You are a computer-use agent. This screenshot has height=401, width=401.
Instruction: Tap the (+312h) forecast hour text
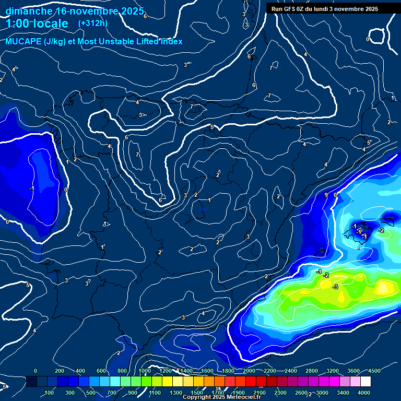(93, 23)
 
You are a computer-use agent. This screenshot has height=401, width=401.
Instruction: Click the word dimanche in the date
(29, 11)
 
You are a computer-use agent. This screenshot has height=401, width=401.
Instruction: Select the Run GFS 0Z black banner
(333, 8)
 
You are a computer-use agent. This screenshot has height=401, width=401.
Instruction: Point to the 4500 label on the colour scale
(374, 371)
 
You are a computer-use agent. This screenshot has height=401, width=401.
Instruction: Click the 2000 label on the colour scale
(249, 371)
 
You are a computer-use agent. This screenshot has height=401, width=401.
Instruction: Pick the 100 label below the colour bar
(50, 393)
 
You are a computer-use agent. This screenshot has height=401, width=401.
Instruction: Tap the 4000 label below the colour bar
(364, 393)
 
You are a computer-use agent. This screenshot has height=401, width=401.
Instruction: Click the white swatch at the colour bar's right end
(380, 382)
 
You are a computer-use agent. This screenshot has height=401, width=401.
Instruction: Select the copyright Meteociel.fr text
(221, 397)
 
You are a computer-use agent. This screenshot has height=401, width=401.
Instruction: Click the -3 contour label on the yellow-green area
(335, 287)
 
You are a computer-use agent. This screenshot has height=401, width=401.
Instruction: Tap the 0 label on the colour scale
(36, 371)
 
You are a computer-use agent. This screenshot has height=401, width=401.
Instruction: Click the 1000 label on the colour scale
(145, 371)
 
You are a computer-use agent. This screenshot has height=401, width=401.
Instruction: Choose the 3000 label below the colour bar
(322, 393)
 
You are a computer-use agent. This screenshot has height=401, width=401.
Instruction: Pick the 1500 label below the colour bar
(197, 393)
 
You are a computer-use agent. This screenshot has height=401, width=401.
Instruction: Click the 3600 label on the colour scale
(353, 371)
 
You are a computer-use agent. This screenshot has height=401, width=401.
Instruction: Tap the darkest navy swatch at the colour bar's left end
(31, 382)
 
